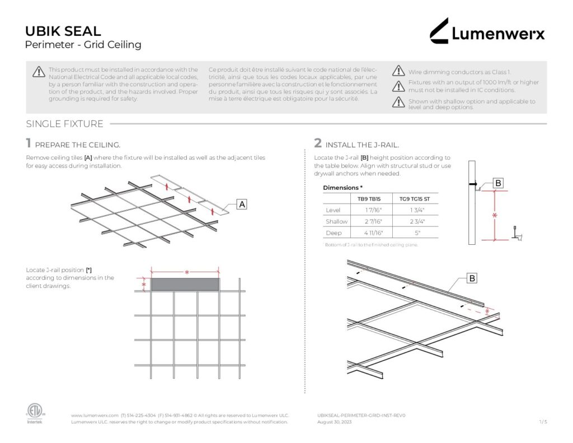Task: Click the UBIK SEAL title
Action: [x=63, y=31]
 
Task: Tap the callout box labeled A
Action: [x=242, y=205]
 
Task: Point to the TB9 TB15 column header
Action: [x=369, y=198]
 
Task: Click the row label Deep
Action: [x=334, y=232]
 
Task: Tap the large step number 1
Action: [x=28, y=143]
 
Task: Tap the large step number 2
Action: [x=317, y=143]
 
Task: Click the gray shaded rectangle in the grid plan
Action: [x=185, y=285]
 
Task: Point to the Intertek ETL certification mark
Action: [x=34, y=413]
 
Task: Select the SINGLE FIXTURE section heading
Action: [x=64, y=124]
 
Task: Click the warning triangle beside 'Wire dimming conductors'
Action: [x=398, y=71]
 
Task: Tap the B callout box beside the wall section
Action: [x=499, y=183]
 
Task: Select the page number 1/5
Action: [x=543, y=422]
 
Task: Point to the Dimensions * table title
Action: [x=342, y=187]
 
